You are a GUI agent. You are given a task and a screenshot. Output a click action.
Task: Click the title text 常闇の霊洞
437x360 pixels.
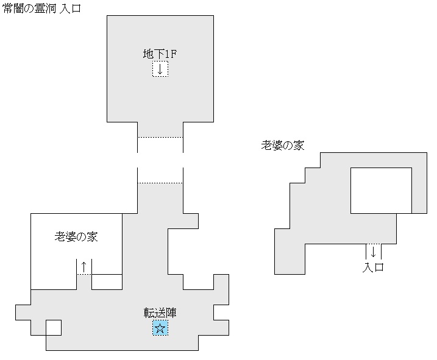pyautogui.click(x=30, y=9)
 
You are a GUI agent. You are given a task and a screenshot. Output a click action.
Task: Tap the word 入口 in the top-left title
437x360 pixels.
pyautogui.click(x=71, y=9)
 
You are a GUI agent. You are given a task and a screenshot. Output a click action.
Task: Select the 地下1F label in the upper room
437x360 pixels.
pyautogui.click(x=160, y=54)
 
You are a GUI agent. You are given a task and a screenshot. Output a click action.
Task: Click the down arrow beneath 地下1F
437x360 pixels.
pyautogui.click(x=160, y=69)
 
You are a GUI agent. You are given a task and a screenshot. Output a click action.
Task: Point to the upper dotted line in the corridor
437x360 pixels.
pyautogui.click(x=160, y=138)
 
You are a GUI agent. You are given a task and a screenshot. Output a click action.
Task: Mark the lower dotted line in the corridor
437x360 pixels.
pyautogui.click(x=160, y=183)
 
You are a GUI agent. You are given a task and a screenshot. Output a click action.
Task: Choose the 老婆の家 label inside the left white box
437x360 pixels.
pyautogui.click(x=76, y=237)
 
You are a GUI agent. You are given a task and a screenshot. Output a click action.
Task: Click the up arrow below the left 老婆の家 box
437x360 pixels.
pyautogui.click(x=84, y=266)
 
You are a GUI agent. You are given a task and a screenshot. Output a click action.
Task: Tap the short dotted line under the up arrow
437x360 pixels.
pyautogui.click(x=84, y=275)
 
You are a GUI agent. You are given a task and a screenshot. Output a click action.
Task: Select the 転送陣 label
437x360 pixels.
pyautogui.click(x=160, y=313)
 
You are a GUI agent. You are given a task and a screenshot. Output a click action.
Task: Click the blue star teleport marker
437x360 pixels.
pyautogui.click(x=160, y=329)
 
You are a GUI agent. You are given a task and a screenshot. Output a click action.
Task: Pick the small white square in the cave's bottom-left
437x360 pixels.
pyautogui.click(x=54, y=328)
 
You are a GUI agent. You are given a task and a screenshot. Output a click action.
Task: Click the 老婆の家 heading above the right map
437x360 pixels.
pyautogui.click(x=283, y=145)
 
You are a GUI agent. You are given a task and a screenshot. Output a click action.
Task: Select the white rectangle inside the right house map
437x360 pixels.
pyautogui.click(x=381, y=190)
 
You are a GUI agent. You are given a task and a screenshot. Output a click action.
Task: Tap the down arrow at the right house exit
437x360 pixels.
pyautogui.click(x=373, y=251)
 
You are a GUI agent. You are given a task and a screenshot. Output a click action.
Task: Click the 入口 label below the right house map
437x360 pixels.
pyautogui.click(x=373, y=267)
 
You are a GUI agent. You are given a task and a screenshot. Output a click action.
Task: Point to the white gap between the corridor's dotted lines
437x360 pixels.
pyautogui.click(x=160, y=160)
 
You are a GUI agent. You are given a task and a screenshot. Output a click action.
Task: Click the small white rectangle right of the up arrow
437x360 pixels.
pyautogui.click(x=107, y=282)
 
